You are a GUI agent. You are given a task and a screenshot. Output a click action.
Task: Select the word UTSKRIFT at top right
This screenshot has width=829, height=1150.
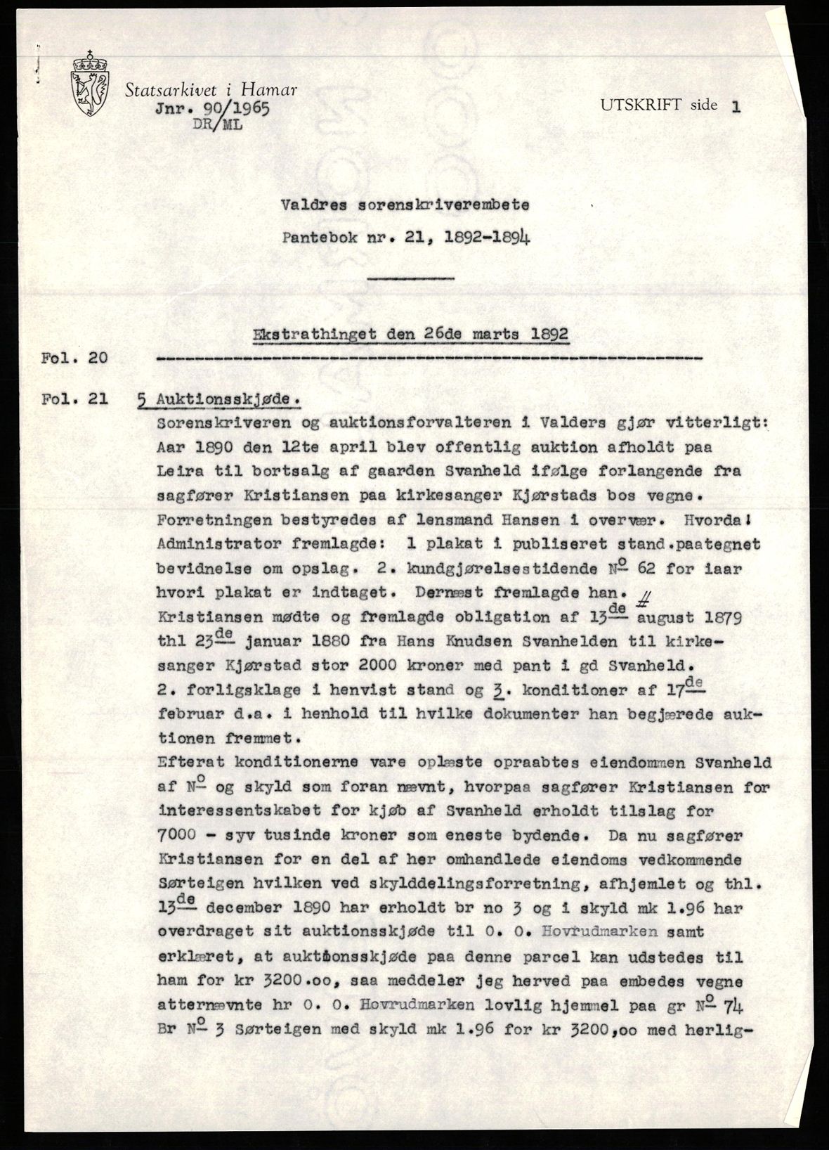coord(639,105)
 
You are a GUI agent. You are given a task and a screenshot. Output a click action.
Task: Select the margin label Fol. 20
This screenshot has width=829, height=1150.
coord(75,358)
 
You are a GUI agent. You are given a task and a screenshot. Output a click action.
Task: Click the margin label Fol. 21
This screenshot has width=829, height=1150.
coord(75,399)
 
